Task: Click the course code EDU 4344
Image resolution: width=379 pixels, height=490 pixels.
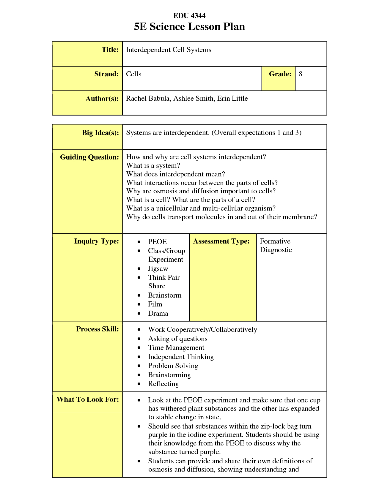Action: (189, 16)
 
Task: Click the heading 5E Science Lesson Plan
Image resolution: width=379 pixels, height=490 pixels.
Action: (189, 27)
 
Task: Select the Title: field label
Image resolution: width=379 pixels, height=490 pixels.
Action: (110, 50)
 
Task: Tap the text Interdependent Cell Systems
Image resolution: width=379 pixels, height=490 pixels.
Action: (169, 50)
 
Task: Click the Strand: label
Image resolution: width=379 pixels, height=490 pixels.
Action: (106, 74)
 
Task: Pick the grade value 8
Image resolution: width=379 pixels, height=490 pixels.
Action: (301, 74)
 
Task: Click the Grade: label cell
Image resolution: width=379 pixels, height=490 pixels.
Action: (280, 74)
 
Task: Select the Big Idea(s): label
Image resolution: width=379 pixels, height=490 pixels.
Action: (100, 133)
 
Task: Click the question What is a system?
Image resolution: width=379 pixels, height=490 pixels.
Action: (153, 165)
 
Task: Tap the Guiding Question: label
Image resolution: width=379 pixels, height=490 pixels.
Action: (89, 157)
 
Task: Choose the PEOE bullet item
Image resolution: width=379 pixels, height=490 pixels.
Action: (157, 242)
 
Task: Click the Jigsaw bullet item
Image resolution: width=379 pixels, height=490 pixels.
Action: (158, 269)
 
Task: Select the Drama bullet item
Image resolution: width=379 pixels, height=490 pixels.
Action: (158, 314)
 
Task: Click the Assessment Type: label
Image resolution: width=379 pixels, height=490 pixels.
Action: (221, 241)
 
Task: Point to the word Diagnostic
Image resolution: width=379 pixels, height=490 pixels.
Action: (276, 250)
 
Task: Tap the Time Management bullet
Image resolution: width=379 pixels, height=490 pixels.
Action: (176, 348)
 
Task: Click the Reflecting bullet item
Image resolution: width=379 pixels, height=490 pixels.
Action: (163, 384)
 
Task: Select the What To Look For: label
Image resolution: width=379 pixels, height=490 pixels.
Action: (88, 399)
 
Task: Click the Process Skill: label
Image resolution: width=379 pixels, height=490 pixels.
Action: (97, 329)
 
